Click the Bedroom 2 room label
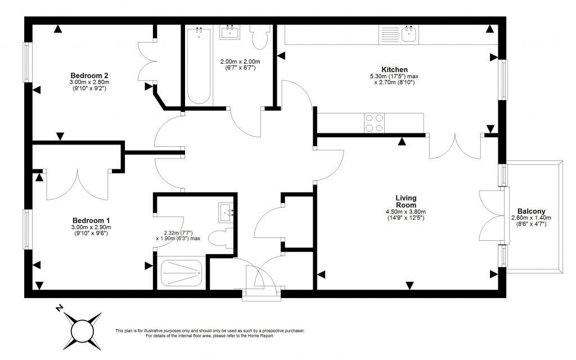[x=89, y=75]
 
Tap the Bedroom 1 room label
[x=91, y=220]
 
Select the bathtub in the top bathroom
[x=199, y=66]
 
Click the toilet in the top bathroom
[x=260, y=38]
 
